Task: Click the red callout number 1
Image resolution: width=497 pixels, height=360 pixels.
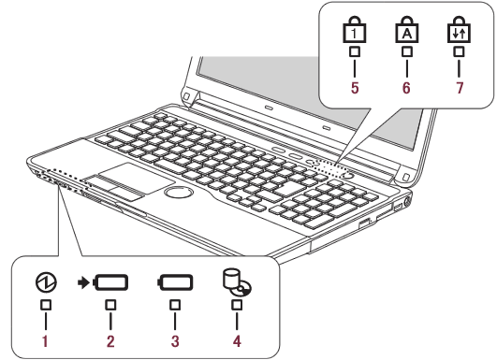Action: pyautogui.click(x=45, y=341)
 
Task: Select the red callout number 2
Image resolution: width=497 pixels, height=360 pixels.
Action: pyautogui.click(x=110, y=341)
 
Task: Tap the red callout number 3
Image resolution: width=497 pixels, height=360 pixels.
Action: pyautogui.click(x=175, y=341)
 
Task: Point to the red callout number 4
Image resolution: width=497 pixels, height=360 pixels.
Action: pyautogui.click(x=237, y=341)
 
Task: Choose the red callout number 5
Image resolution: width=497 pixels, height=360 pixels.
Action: pyautogui.click(x=355, y=88)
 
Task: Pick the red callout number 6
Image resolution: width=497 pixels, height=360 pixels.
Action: pyautogui.click(x=406, y=88)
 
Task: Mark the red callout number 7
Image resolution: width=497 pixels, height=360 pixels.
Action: pyautogui.click(x=460, y=88)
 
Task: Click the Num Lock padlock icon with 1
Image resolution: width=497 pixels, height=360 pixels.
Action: pyautogui.click(x=355, y=30)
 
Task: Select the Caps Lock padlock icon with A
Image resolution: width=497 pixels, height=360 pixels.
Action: pyautogui.click(x=406, y=30)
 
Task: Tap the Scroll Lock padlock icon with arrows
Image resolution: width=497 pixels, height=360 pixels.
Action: pyautogui.click(x=459, y=30)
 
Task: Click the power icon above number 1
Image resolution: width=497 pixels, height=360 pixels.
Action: pyautogui.click(x=46, y=282)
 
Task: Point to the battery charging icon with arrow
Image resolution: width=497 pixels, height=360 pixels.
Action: pyautogui.click(x=103, y=282)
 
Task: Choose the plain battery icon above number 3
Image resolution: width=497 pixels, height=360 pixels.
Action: pyautogui.click(x=175, y=282)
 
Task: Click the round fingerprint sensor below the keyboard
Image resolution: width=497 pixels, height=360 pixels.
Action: pyautogui.click(x=179, y=192)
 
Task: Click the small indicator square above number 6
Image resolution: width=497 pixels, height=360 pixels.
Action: pyautogui.click(x=407, y=51)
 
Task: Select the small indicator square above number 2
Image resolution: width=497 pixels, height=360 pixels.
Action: pyautogui.click(x=110, y=305)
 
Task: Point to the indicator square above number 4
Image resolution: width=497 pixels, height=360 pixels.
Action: pyautogui.click(x=237, y=305)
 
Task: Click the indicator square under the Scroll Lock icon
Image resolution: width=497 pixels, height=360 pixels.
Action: pyautogui.click(x=459, y=51)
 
